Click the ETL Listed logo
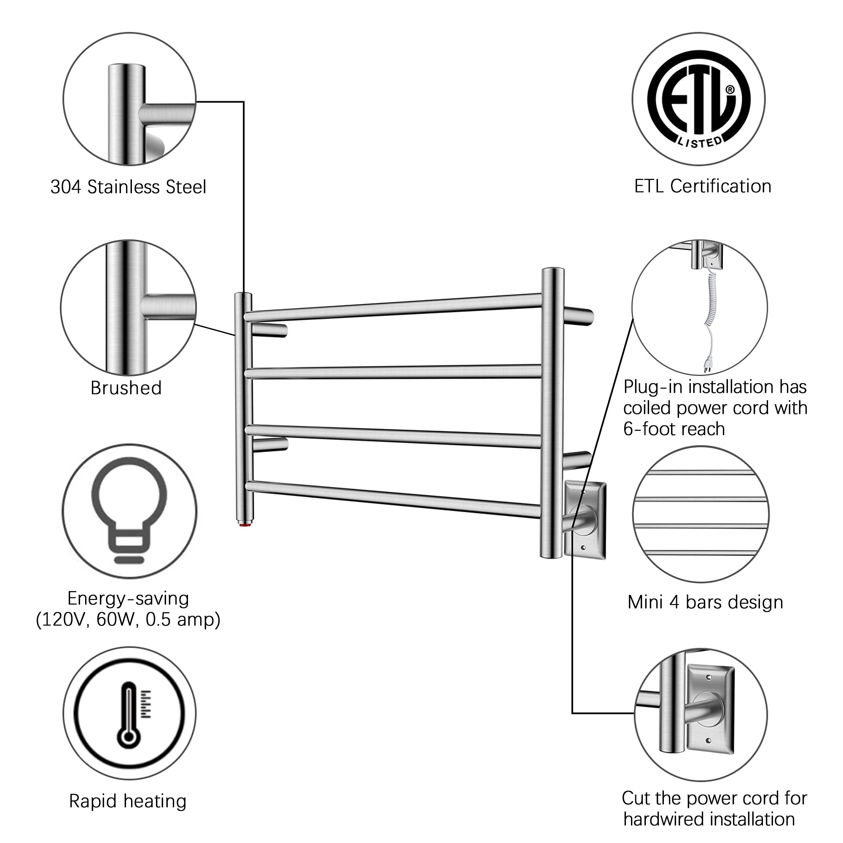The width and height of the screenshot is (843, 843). click(698, 99)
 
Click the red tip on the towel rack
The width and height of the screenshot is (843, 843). click(243, 526)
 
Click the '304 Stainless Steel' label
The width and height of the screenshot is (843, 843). click(128, 187)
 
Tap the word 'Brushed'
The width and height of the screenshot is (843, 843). click(126, 388)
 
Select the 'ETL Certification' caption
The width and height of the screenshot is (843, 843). click(703, 186)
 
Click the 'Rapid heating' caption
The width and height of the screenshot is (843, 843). click(128, 801)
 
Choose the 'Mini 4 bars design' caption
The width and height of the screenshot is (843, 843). click(705, 602)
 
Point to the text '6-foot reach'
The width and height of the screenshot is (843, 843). click(674, 429)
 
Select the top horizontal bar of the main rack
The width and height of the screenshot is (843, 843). click(393, 308)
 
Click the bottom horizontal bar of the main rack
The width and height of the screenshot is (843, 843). click(393, 498)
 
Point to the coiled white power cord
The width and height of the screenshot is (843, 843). click(709, 310)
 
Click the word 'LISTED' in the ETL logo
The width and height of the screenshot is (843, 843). click(700, 142)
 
